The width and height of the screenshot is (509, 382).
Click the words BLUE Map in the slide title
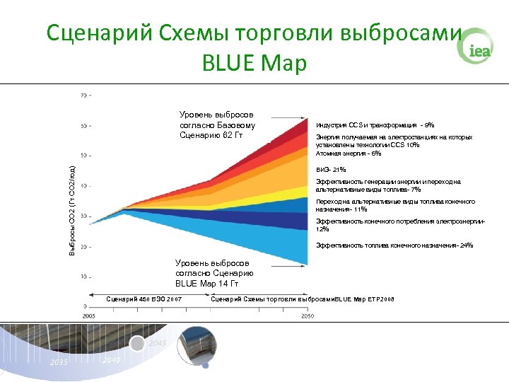[254, 64]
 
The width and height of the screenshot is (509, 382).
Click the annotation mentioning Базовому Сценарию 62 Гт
[217, 125]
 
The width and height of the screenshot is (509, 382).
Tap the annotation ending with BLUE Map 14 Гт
[215, 273]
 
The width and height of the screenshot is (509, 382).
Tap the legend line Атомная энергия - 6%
[349, 153]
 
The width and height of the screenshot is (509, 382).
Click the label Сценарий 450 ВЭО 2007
[144, 299]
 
